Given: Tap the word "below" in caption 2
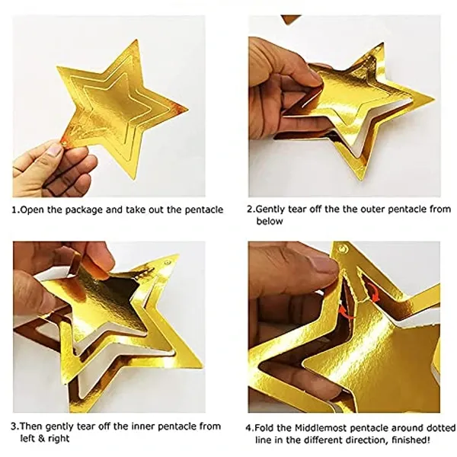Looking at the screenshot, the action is (x=270, y=221).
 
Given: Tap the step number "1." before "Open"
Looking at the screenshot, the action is (x=15, y=210).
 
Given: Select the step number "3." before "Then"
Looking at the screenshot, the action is (x=15, y=427).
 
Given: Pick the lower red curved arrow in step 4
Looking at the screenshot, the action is (x=347, y=313).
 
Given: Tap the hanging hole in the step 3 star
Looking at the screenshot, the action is (x=168, y=263).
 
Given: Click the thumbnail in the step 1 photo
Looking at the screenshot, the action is (x=55, y=151).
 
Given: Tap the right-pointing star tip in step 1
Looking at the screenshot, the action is (x=187, y=110).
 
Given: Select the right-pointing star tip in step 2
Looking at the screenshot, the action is (x=434, y=99).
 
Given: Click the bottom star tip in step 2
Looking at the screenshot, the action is (x=358, y=177).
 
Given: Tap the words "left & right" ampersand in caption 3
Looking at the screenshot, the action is (x=44, y=439).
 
